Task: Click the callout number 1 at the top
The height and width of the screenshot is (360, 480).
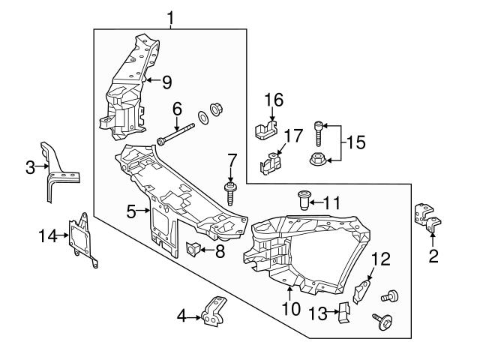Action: [x=171, y=16]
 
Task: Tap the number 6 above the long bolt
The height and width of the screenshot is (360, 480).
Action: [x=177, y=109]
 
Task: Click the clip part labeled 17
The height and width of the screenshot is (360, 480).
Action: [x=272, y=163]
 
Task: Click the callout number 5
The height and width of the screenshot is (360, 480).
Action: [x=131, y=212]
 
